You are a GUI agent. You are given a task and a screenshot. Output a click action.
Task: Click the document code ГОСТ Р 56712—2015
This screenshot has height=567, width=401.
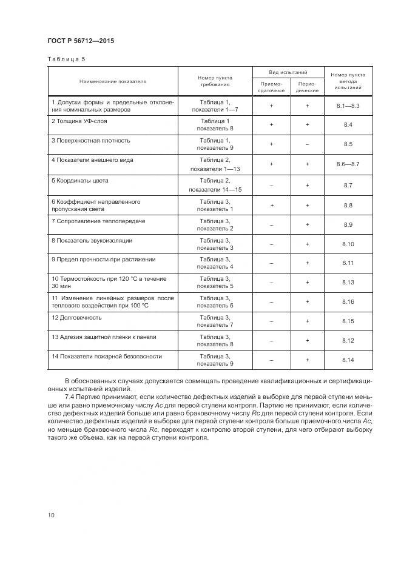click(81, 41)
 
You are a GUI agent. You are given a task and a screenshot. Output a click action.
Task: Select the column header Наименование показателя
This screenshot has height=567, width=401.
click(112, 81)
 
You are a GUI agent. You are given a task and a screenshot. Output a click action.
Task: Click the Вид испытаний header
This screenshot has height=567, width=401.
click(288, 72)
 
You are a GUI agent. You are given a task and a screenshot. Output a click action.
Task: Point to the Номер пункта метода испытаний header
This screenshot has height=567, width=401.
click(348, 81)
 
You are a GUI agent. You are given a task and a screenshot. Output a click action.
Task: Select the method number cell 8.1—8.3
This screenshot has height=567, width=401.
click(348, 106)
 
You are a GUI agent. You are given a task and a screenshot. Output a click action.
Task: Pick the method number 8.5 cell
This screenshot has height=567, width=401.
click(348, 144)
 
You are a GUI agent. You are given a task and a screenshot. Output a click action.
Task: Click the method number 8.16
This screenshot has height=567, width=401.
click(348, 301)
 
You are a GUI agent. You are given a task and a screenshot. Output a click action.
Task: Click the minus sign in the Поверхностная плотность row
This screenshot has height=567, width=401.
click(307, 144)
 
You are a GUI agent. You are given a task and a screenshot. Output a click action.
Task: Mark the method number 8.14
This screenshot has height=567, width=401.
click(348, 360)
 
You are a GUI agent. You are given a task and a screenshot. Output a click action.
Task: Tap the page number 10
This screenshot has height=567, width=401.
click(51, 515)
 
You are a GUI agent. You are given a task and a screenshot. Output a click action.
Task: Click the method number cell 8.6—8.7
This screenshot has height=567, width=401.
click(348, 164)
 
